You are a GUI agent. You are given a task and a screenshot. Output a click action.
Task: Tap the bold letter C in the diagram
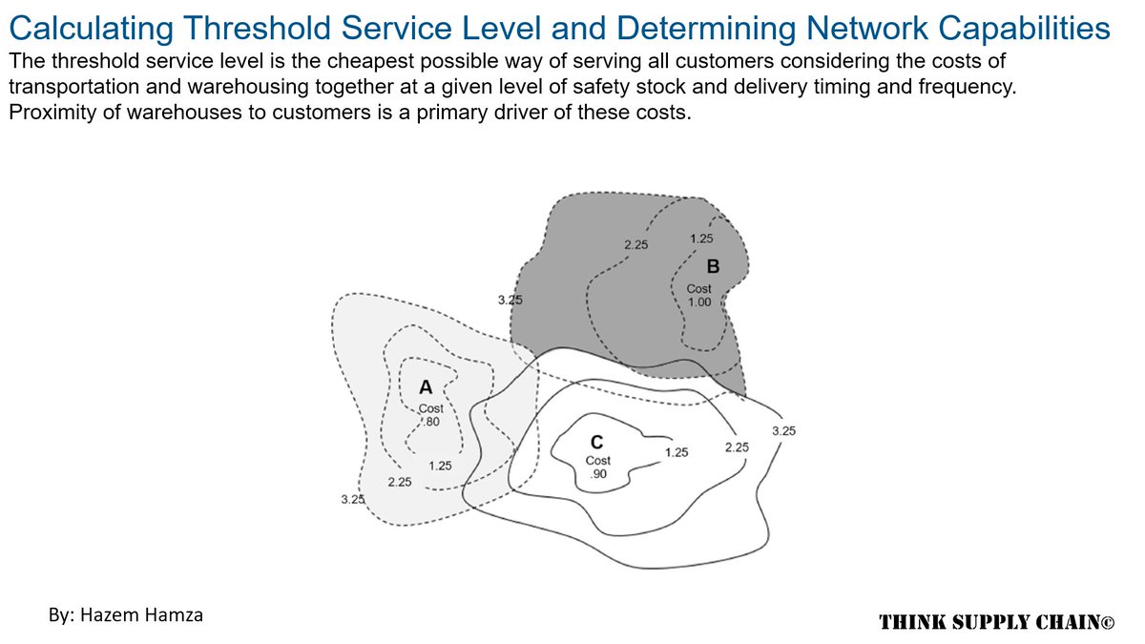pyautogui.click(x=596, y=442)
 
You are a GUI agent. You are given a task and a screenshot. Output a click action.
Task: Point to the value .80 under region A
pyautogui.click(x=429, y=422)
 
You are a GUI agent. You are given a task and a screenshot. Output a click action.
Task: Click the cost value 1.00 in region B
pyautogui.click(x=699, y=301)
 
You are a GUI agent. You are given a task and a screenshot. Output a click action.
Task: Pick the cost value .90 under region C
pyautogui.click(x=597, y=474)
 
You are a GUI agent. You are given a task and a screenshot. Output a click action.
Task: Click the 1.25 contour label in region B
pyautogui.click(x=700, y=239)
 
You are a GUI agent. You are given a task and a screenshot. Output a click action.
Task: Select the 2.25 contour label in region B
pyautogui.click(x=636, y=245)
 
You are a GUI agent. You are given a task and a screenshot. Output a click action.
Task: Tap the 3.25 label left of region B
pyautogui.click(x=510, y=300)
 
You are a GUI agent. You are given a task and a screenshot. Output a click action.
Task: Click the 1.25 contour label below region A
pyautogui.click(x=440, y=466)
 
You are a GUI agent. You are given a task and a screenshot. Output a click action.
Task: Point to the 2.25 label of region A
pyautogui.click(x=400, y=482)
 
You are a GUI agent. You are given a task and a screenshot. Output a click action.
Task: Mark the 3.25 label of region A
pyautogui.click(x=352, y=499)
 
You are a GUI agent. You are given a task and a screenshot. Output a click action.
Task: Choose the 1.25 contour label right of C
pyautogui.click(x=677, y=452)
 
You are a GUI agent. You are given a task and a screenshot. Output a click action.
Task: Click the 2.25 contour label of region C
pyautogui.click(x=737, y=447)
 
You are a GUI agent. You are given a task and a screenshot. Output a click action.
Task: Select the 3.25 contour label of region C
pyautogui.click(x=783, y=430)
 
